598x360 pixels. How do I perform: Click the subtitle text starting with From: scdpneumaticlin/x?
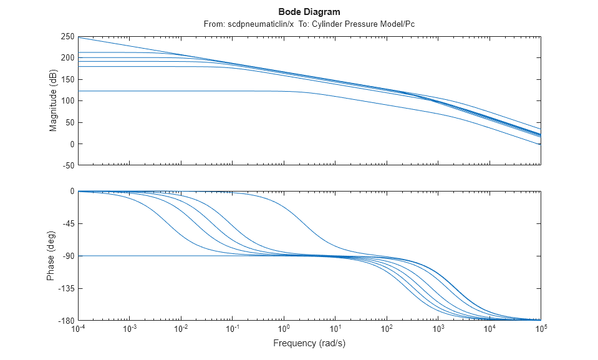pos(309,24)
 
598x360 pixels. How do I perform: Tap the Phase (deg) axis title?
pos(51,256)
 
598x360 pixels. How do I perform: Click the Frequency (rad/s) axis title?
pos(309,344)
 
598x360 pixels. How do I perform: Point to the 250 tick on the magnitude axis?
pos(67,37)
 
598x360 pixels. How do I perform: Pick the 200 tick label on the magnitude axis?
pos(67,58)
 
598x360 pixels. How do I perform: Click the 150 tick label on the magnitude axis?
pos(67,80)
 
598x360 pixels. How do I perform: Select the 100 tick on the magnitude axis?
pos(67,101)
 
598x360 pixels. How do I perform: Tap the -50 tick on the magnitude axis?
pos(67,166)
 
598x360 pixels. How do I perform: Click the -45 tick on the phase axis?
pos(67,223)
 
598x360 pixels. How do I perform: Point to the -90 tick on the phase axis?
pos(67,256)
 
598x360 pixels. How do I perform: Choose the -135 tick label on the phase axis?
pos(66,288)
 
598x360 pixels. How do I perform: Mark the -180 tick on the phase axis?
pos(66,321)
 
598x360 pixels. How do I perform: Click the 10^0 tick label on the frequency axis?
pos(284,329)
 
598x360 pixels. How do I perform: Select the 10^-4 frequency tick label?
pos(79,329)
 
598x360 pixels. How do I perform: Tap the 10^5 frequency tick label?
pos(541,329)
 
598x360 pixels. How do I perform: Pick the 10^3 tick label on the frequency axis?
pos(438,329)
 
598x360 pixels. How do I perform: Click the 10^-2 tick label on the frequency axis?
pos(181,329)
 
